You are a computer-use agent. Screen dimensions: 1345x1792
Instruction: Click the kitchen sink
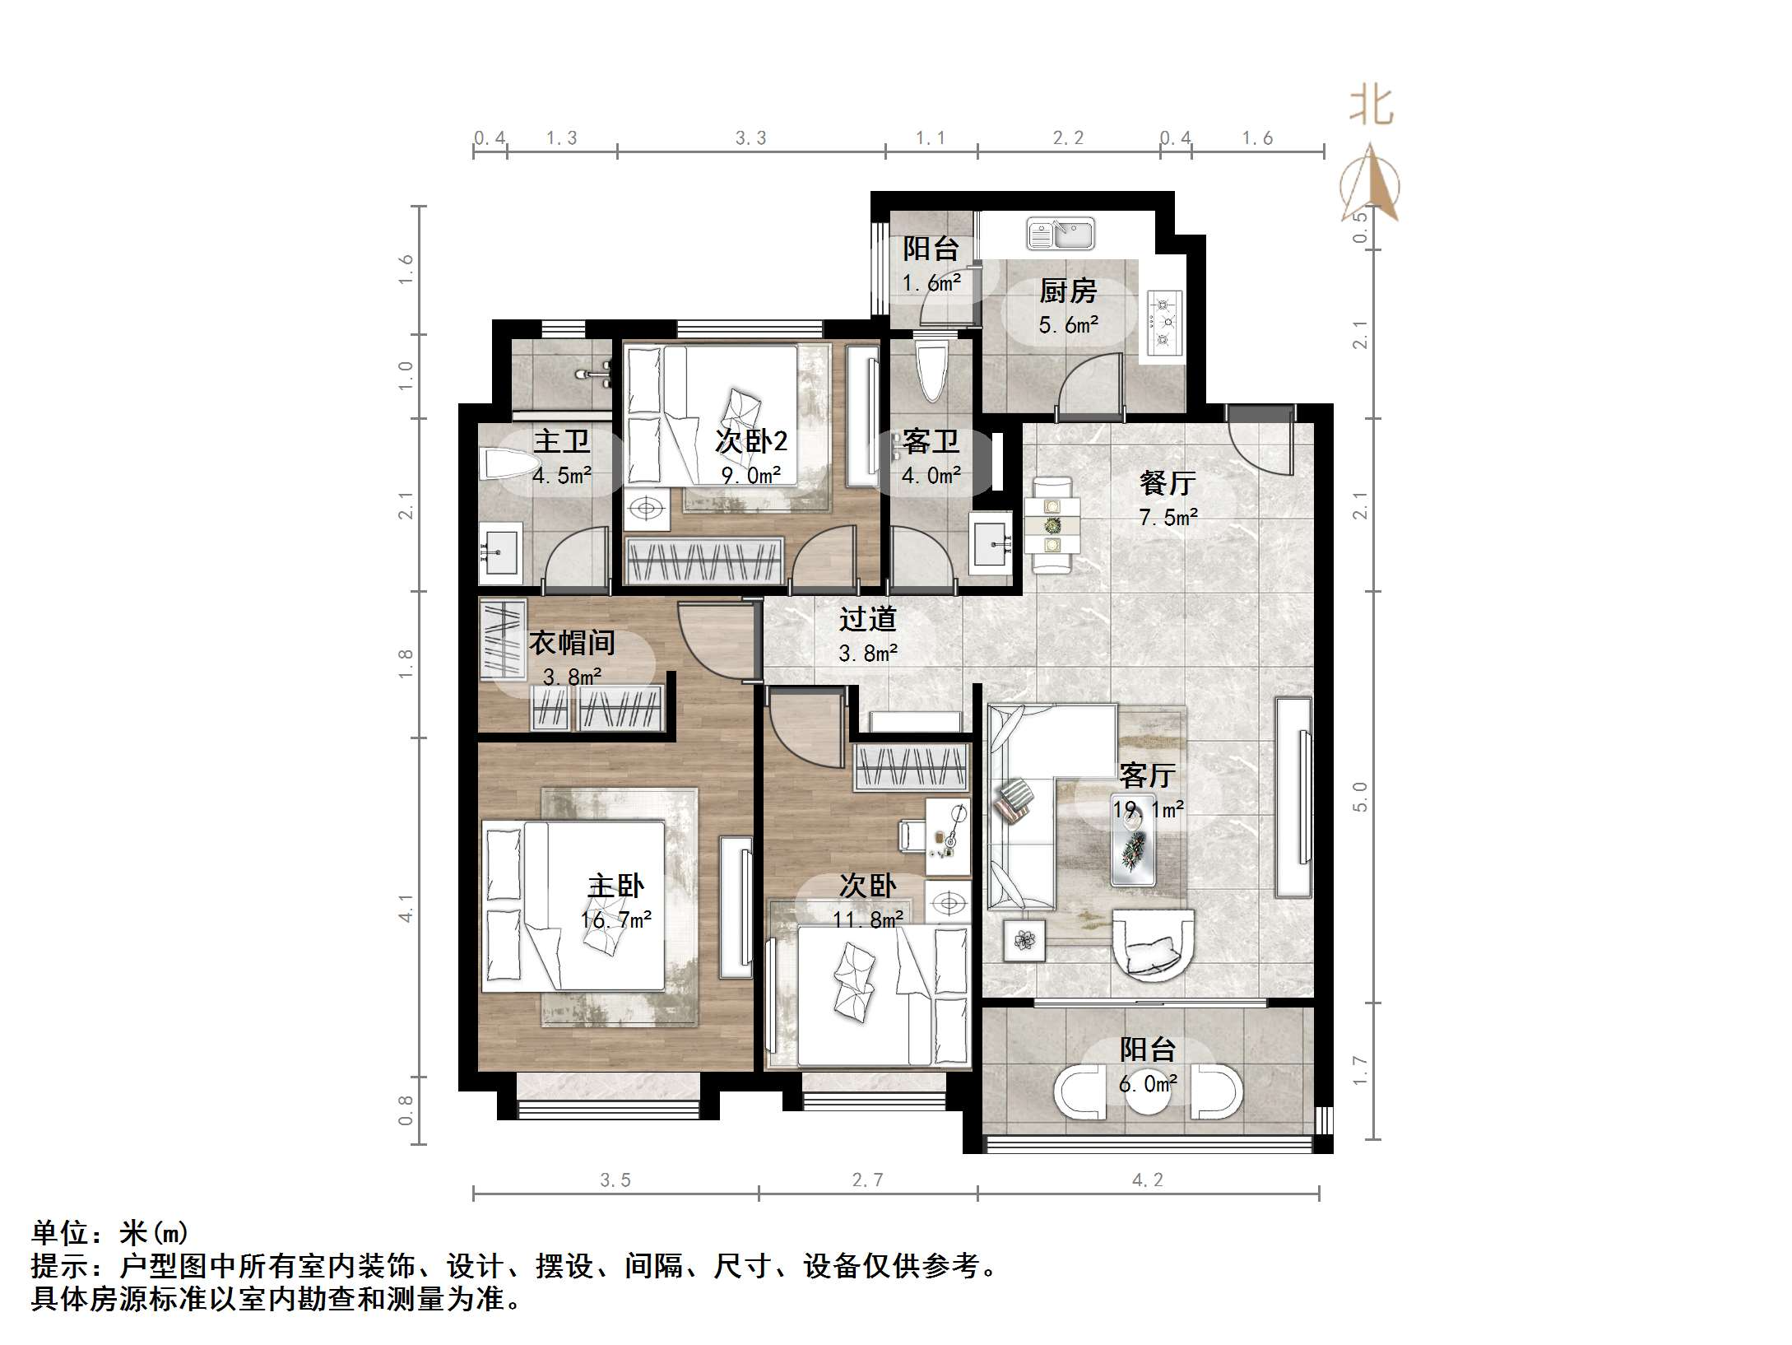point(1060,234)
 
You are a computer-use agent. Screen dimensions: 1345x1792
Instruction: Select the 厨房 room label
point(1068,291)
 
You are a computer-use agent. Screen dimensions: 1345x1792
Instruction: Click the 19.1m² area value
point(1149,809)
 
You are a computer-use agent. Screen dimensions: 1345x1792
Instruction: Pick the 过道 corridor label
point(867,619)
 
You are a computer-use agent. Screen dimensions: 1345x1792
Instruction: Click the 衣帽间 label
point(571,643)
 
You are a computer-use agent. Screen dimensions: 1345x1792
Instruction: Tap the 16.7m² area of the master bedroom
point(616,919)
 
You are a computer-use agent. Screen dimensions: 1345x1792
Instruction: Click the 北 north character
point(1371,106)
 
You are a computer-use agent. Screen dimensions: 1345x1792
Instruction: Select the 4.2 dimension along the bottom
point(1147,1180)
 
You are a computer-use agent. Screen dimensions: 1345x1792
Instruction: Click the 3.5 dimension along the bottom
point(615,1180)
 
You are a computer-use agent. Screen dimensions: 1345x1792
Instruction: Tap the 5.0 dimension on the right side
point(1359,797)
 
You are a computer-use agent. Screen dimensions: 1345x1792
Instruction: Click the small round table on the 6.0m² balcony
point(1147,1093)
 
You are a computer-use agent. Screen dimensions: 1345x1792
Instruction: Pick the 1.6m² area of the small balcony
point(931,283)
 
